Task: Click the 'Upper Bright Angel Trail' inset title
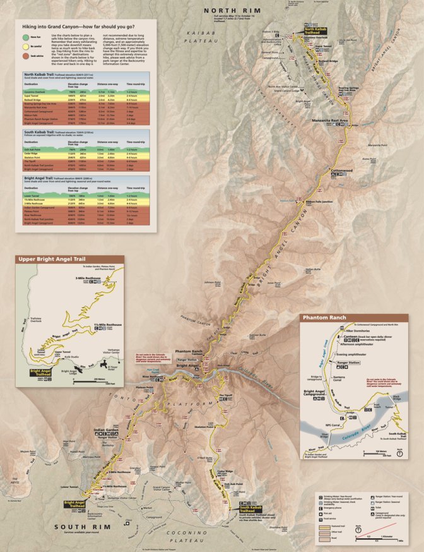click(x=50, y=259)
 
